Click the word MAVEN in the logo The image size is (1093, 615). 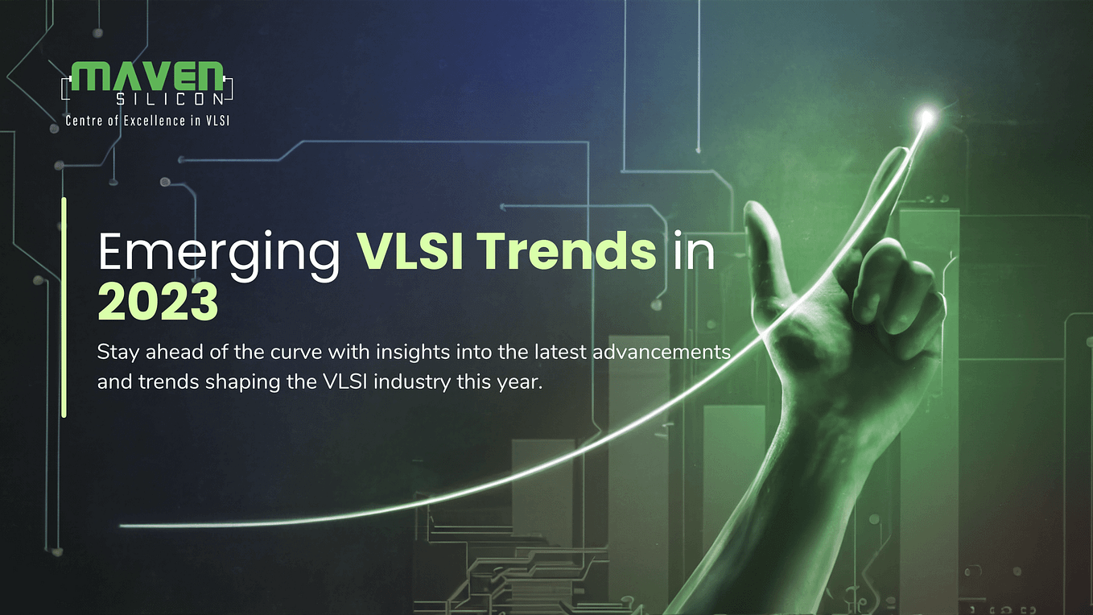(x=147, y=76)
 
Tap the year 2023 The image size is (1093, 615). (x=158, y=303)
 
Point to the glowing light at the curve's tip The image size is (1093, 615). (x=927, y=118)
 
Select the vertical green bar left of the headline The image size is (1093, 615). (x=64, y=307)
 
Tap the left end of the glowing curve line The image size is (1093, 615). (x=123, y=526)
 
